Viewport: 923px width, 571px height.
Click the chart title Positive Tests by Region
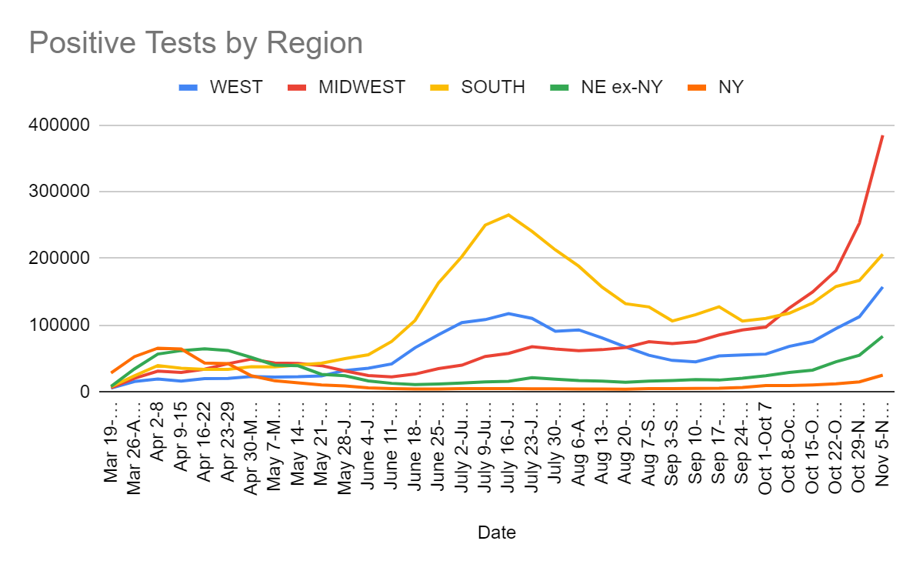coord(195,43)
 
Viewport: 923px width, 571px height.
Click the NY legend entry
coord(730,87)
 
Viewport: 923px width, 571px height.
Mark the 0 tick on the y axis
coord(85,392)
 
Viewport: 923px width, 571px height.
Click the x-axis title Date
coord(497,532)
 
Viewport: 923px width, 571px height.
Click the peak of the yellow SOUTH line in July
coord(508,215)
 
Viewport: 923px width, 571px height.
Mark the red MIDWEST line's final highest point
coord(882,135)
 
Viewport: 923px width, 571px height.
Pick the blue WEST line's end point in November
coord(882,287)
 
